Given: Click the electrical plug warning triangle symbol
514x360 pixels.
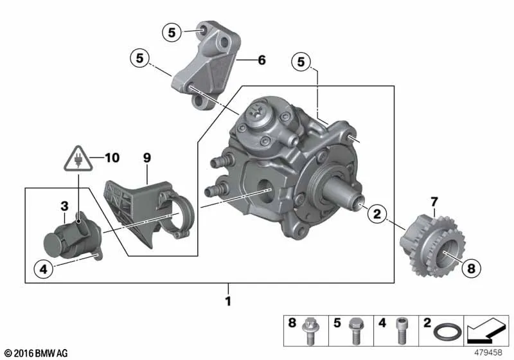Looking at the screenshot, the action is tap(78, 159).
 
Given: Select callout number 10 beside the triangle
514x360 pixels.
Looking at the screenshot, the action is tap(112, 157).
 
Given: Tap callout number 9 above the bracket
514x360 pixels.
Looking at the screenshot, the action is tap(147, 158).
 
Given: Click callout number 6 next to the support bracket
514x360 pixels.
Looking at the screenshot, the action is tap(261, 60).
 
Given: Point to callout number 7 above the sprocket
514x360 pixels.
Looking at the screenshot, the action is tap(434, 201).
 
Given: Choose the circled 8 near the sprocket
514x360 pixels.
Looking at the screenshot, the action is tap(471, 269).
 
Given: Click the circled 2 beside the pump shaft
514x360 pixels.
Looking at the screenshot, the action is tap(377, 214).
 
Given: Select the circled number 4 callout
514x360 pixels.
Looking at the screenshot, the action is tap(44, 269).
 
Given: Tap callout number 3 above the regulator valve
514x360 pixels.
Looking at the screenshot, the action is tap(65, 206).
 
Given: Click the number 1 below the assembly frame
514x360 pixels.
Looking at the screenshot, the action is tap(229, 301).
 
